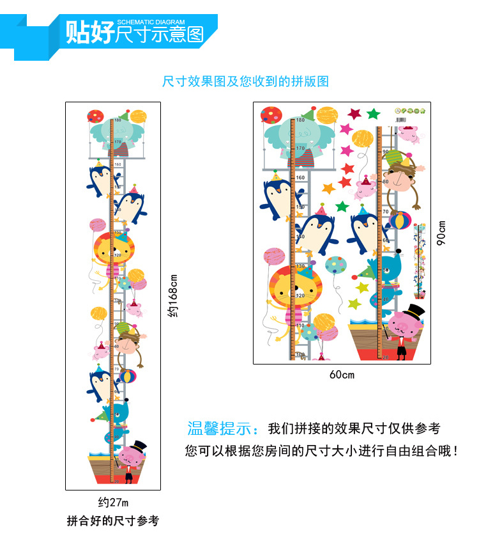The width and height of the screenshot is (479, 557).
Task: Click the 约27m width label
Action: pyautogui.click(x=112, y=502)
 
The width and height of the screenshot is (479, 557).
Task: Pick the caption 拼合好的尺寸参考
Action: pyautogui.click(x=112, y=521)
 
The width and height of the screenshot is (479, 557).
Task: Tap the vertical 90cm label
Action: pyautogui.click(x=441, y=233)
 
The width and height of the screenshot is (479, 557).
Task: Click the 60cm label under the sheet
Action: pyautogui.click(x=342, y=375)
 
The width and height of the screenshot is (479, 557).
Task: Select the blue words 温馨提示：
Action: pyautogui.click(x=224, y=428)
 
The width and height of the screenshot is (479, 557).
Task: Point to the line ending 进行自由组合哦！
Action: pyautogui.click(x=322, y=451)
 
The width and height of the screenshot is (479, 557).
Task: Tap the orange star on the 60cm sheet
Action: pyautogui.click(x=329, y=189)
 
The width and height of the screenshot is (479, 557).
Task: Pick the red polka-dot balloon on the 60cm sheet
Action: pyautogui.click(x=271, y=116)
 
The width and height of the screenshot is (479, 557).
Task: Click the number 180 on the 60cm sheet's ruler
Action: pyautogui.click(x=300, y=120)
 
